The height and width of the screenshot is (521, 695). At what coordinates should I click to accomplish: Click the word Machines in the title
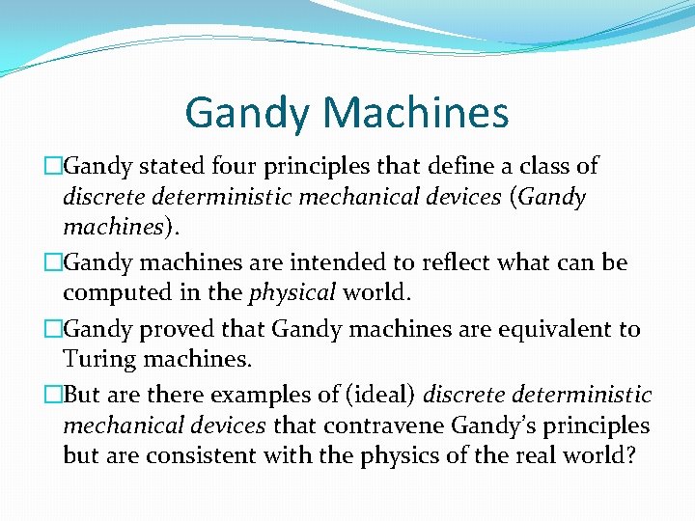click(x=416, y=113)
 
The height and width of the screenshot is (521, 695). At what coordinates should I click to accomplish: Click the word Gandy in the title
click(x=249, y=113)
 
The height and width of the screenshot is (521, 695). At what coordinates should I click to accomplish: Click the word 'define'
click(x=446, y=166)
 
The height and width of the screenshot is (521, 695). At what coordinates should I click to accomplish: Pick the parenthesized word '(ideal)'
click(x=372, y=396)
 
